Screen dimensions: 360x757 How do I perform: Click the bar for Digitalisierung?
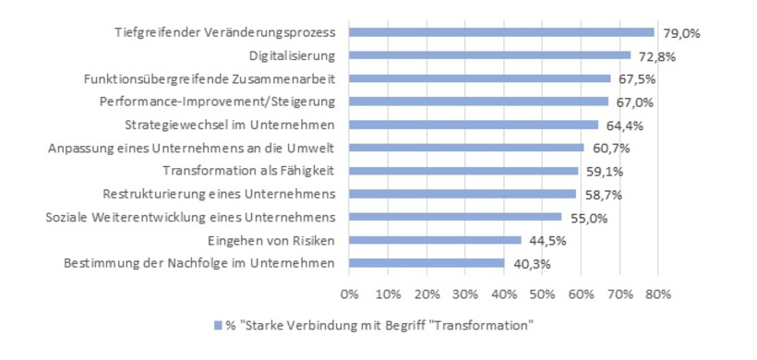point(489,55)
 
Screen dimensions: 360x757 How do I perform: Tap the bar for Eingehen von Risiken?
point(435,240)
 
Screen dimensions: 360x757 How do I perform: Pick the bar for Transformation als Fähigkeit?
point(463,171)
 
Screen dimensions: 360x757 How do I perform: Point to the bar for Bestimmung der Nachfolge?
point(427,263)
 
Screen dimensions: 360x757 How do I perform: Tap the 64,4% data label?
point(625,126)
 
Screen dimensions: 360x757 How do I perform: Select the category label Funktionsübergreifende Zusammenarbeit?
point(203,78)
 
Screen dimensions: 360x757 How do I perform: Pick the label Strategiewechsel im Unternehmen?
point(229,125)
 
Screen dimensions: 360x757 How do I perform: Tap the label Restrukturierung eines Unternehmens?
point(218,194)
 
